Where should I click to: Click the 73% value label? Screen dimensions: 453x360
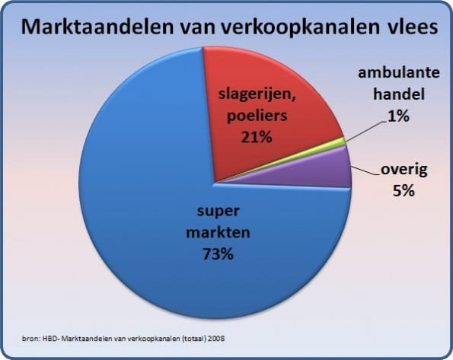[x=218, y=254]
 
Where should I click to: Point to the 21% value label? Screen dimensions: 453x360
[x=257, y=137]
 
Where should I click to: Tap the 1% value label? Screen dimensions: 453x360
[x=399, y=116]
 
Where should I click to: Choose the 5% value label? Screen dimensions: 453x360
[x=404, y=191]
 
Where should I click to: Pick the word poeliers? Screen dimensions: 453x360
[x=257, y=116]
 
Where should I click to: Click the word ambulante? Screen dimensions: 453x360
[x=399, y=72]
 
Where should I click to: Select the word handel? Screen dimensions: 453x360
[x=399, y=94]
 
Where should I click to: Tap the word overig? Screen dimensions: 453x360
[x=404, y=170]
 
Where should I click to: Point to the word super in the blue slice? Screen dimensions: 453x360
[x=218, y=212]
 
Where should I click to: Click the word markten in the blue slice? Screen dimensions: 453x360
[x=218, y=232]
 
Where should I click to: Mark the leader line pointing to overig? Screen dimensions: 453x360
[x=365, y=170]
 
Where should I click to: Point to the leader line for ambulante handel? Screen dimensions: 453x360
[x=365, y=132]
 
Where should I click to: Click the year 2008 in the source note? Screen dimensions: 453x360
[x=216, y=339]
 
